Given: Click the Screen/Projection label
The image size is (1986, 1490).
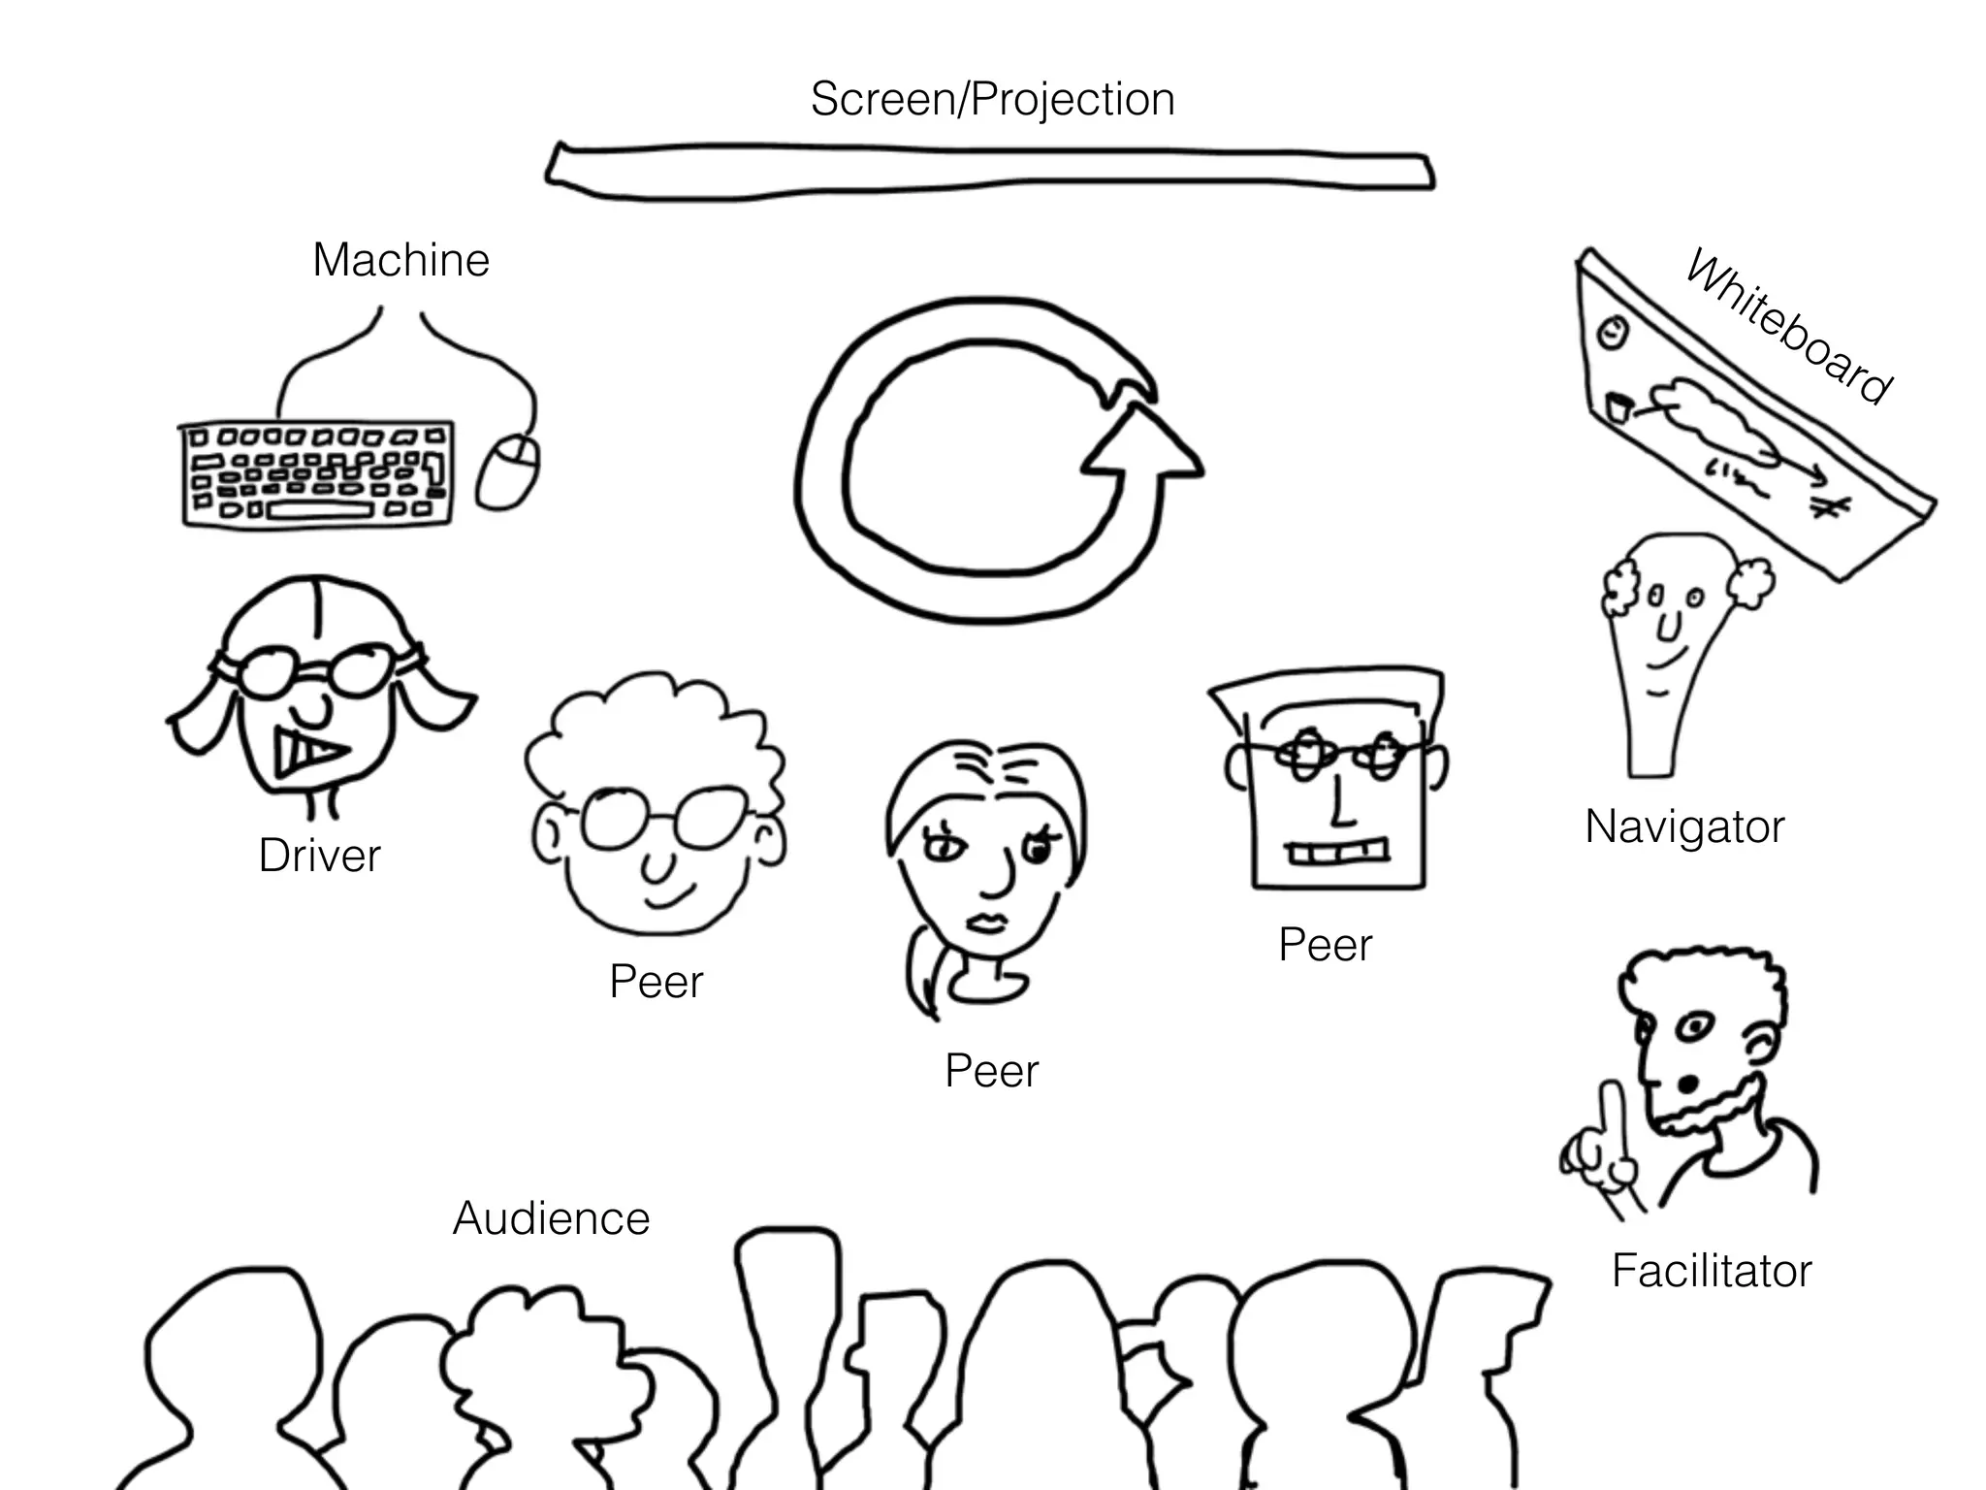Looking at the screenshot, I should tap(992, 100).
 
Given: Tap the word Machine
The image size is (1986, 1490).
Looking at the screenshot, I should tap(400, 260).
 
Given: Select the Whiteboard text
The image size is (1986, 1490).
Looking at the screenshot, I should tap(1787, 327).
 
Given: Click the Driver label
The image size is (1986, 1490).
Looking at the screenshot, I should tap(319, 856).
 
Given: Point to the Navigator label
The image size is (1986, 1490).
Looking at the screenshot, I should tap(1684, 827).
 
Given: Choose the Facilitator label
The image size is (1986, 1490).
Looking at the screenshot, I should tap(1712, 1271).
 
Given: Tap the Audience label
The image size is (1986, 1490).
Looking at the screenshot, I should tap(551, 1218).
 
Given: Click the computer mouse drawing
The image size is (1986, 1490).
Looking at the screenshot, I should tap(508, 471).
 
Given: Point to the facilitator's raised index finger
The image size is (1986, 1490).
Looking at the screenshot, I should tap(1613, 1116).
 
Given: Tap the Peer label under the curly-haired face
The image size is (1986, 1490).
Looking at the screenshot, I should tap(656, 982).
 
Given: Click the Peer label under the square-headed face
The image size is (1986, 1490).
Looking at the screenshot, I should tap(1325, 945).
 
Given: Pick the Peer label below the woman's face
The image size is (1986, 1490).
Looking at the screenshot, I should tap(991, 1072).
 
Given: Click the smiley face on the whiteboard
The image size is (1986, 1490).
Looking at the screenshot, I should tap(1611, 333).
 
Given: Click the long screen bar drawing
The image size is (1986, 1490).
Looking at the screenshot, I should tap(989, 173).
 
